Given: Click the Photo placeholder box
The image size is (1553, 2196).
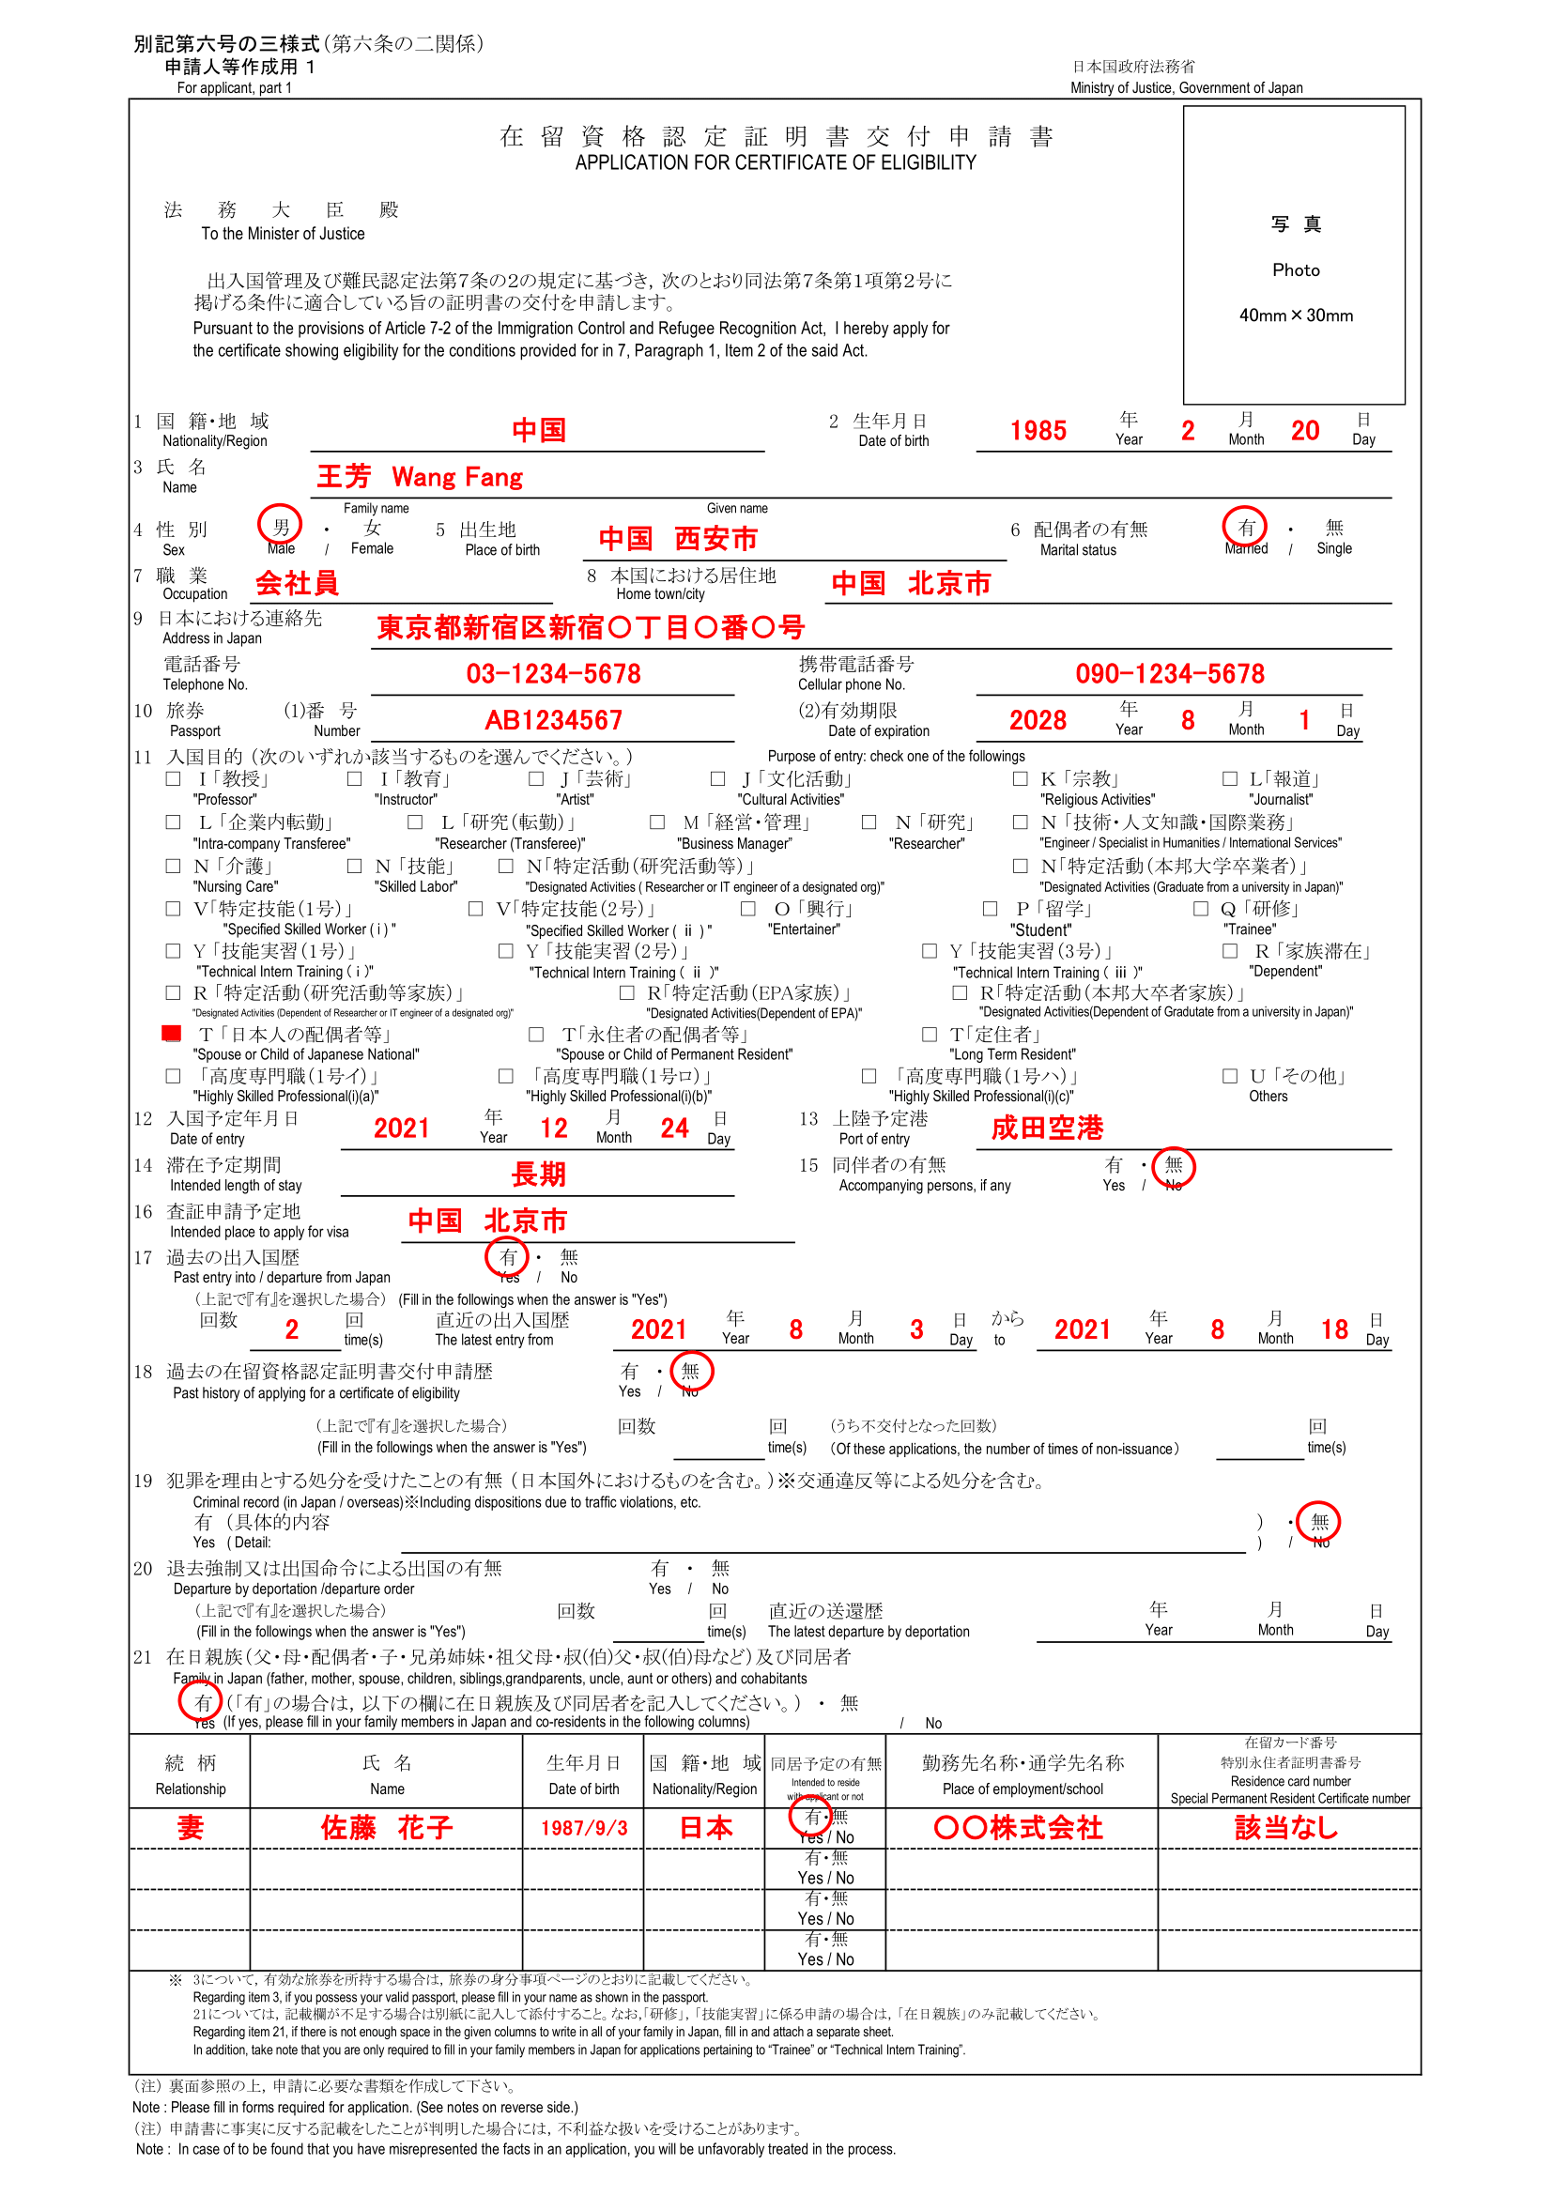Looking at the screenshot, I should click(x=1294, y=254).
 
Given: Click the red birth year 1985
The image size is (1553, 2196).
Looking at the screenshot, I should click(x=1038, y=430).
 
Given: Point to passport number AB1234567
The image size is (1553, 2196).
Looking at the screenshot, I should click(x=553, y=720).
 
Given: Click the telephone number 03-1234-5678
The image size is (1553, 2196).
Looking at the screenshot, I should click(x=553, y=673).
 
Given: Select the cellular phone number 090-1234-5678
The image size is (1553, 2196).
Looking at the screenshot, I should click(x=1169, y=673).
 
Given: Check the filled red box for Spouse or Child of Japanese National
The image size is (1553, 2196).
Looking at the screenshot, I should click(x=172, y=1033).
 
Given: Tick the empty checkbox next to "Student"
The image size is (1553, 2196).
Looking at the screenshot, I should click(x=991, y=909).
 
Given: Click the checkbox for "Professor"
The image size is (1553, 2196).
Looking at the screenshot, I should click(x=173, y=779).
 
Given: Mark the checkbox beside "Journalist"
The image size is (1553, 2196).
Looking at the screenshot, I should click(x=1230, y=779).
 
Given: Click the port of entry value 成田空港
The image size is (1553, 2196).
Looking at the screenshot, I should click(x=1046, y=1128).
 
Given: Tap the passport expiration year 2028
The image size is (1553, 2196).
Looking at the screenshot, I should click(x=1038, y=720).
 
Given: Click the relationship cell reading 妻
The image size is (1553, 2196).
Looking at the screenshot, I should click(x=191, y=1828).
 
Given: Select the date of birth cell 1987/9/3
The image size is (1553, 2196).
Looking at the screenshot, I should click(x=583, y=1828).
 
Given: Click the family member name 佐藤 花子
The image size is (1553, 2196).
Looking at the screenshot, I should click(x=386, y=1828).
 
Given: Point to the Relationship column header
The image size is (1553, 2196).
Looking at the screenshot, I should click(x=191, y=1775).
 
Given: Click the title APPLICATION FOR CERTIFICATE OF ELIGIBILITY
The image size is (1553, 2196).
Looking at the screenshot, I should click(x=776, y=162).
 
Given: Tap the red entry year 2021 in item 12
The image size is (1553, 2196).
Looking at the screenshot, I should click(x=402, y=1128).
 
